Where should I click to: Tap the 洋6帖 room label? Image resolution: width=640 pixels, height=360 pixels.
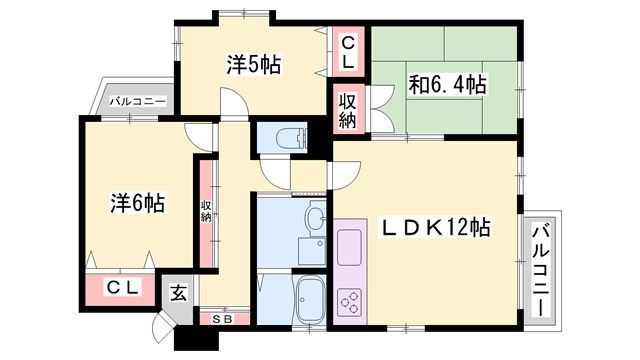tap(137, 203)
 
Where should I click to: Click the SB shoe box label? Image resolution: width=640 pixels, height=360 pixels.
tap(222, 318)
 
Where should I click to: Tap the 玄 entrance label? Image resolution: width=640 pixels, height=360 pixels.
tap(177, 293)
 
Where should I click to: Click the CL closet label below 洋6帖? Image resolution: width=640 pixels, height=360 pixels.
tap(124, 288)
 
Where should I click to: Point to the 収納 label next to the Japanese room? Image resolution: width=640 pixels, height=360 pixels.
tap(347, 109)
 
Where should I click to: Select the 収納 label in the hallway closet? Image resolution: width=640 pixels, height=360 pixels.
tap(206, 211)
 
